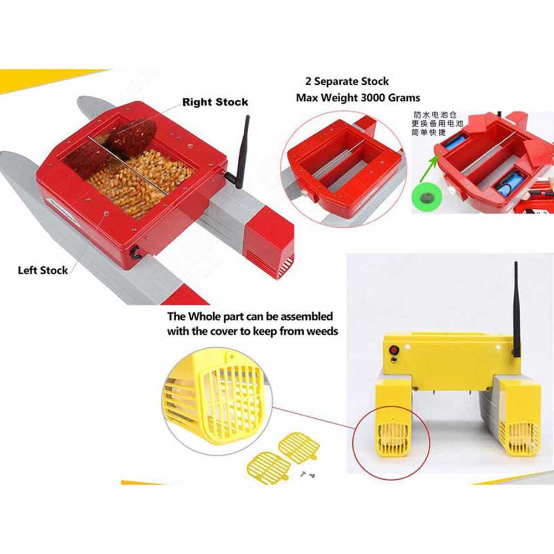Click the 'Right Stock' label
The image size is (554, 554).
point(215,102)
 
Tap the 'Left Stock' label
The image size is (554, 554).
point(43,270)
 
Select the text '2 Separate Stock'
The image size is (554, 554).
point(347,81)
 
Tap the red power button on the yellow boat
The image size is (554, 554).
point(393,350)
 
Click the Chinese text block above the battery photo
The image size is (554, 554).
point(437,124)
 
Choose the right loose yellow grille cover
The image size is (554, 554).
point(299,448)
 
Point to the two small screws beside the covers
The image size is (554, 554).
point(308,475)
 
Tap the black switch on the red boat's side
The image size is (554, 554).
point(135,252)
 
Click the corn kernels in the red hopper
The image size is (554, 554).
point(141,180)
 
